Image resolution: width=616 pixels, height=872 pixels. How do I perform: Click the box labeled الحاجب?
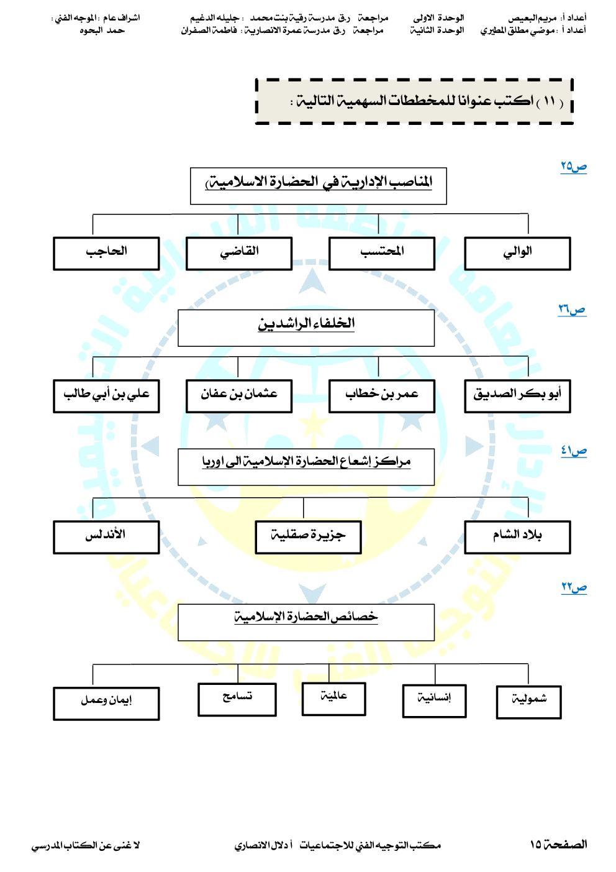106,254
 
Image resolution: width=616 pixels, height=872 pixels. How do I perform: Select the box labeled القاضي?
239,254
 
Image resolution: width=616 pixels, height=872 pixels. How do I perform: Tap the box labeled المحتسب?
382,254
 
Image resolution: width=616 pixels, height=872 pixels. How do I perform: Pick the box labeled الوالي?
517,254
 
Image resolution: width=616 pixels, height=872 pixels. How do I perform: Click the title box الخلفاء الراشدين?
306,328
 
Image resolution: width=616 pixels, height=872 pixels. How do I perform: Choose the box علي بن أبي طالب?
106,396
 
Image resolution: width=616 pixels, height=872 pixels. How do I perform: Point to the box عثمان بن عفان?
239,396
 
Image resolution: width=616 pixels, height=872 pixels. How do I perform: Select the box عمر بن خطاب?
382,396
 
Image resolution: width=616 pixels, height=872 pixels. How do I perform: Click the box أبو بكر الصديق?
517,396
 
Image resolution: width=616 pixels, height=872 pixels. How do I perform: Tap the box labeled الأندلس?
106,537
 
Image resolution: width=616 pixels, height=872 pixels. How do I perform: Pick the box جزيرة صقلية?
308,537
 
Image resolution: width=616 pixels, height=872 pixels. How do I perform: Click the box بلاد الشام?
517,537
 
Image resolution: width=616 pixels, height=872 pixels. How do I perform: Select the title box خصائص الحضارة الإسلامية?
306,622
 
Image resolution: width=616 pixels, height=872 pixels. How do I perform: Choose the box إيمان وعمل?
106,703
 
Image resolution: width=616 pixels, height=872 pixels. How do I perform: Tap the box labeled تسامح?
237,699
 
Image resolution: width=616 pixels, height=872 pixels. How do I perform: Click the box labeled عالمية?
333,699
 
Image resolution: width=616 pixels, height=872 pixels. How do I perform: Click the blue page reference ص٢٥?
574,167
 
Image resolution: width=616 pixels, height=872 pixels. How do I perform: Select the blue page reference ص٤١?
574,451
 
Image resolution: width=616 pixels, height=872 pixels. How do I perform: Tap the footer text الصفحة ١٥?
558,844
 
